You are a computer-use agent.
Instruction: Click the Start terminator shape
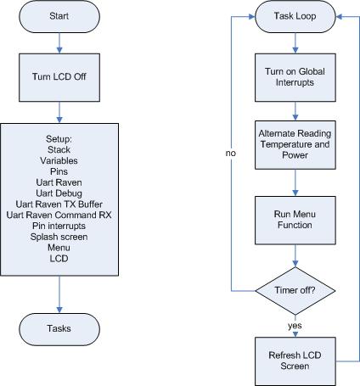coord(59,16)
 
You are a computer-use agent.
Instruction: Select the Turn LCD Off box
coord(59,77)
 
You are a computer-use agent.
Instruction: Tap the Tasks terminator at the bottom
coord(59,329)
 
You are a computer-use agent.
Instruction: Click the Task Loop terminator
coord(295,16)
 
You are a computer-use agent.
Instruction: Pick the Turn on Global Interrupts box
coord(295,77)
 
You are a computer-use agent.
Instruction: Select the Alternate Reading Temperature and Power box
coord(295,145)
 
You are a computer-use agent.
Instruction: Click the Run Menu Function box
coord(295,221)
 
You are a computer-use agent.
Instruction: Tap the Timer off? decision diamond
coord(295,291)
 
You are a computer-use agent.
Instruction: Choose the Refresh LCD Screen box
coord(295,361)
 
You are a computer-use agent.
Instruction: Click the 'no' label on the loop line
coord(231,154)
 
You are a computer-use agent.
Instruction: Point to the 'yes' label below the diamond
coord(295,326)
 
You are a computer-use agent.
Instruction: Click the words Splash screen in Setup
coord(59,237)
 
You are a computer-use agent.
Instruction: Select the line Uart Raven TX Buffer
coord(59,204)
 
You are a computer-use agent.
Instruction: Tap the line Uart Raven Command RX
coord(59,215)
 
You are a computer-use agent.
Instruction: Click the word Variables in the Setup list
coord(59,160)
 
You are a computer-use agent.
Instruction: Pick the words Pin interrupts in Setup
coord(59,226)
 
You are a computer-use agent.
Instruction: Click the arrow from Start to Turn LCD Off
coord(59,43)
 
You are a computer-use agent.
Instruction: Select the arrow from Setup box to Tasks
coord(59,294)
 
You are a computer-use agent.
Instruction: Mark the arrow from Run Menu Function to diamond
coord(295,256)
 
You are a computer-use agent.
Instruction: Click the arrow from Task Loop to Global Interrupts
coord(295,43)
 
